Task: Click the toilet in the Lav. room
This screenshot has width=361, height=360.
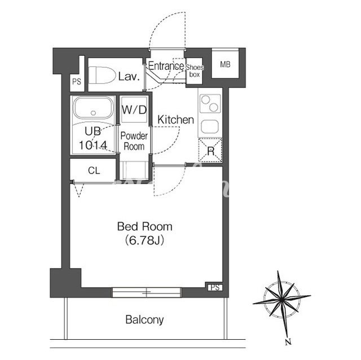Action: tap(102, 75)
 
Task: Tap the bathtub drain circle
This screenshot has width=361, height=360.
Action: tap(93, 113)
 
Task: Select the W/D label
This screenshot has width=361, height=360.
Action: tap(134, 110)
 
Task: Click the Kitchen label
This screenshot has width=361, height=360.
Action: tap(175, 120)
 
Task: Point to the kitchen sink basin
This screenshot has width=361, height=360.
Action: tap(209, 126)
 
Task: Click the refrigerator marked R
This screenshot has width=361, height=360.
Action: tap(210, 150)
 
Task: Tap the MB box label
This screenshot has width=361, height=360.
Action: tap(225, 64)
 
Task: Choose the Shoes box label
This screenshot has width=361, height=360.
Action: tap(195, 70)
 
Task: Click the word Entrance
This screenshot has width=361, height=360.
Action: tap(166, 66)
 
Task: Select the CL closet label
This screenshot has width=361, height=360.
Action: tap(94, 171)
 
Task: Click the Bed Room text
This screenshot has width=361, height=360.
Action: tap(145, 226)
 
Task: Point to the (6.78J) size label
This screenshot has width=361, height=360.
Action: tap(144, 241)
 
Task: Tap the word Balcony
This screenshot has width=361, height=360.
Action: tap(144, 319)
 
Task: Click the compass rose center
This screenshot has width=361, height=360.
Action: tap(281, 300)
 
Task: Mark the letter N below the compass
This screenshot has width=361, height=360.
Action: tap(288, 342)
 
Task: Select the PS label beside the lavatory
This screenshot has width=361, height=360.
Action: tap(77, 82)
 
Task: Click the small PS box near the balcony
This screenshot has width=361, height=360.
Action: tap(215, 287)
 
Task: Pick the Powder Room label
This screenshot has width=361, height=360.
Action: tap(134, 141)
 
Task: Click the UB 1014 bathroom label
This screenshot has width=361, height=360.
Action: tap(93, 138)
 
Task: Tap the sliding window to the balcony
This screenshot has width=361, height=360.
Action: tap(147, 292)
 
